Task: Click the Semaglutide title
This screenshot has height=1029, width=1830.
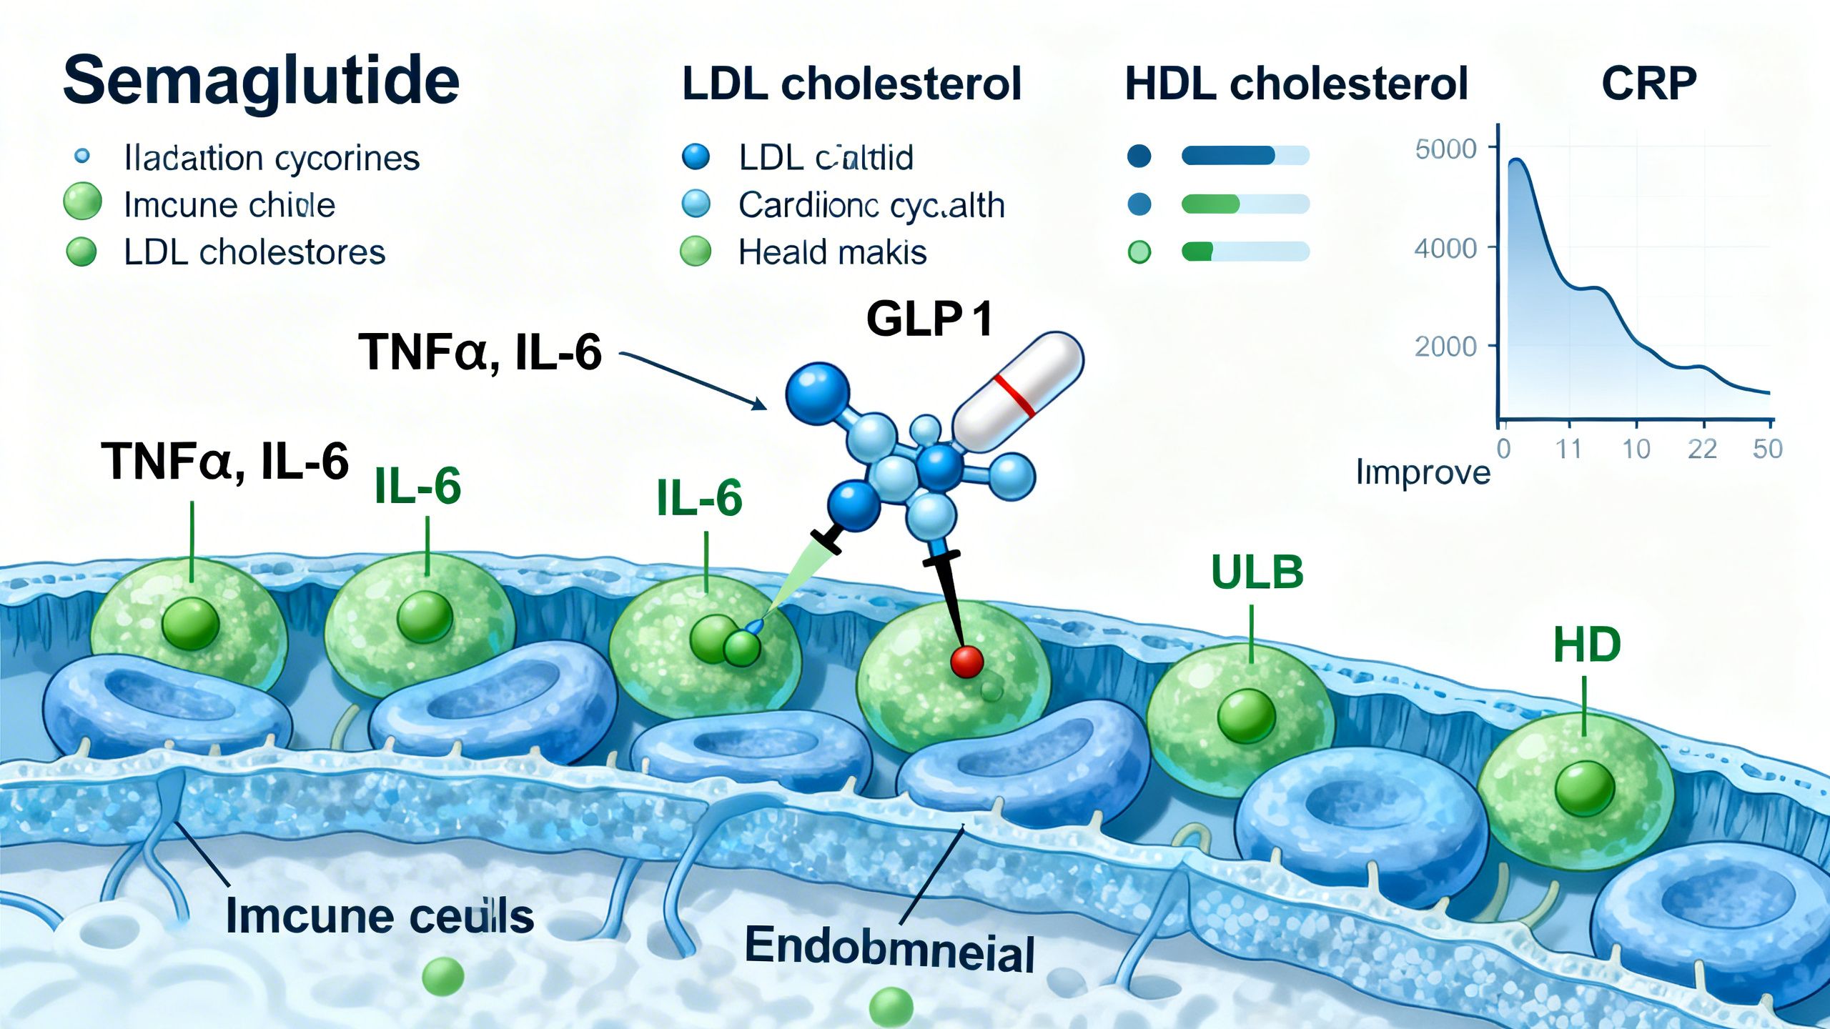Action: coord(261,80)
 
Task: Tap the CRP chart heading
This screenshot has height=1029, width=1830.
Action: coord(1648,84)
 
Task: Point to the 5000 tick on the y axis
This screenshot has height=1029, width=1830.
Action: coord(1445,149)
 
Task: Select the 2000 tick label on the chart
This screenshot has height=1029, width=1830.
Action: coord(1445,347)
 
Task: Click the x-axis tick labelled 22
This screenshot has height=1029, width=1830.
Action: coord(1702,449)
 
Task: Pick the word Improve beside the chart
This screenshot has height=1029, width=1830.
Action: coord(1423,472)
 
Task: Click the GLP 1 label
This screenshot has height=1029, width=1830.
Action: coord(929,319)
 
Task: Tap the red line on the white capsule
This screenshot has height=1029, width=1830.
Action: coord(1014,395)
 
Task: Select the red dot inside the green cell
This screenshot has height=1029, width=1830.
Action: coord(966,661)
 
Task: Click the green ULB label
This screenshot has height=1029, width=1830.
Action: coord(1257,572)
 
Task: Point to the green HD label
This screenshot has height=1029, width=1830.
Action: coord(1586,645)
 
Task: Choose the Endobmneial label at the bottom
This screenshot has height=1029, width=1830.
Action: coord(889,949)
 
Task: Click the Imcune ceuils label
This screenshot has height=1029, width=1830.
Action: coord(380,915)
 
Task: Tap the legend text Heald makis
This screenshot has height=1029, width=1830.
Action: coord(832,252)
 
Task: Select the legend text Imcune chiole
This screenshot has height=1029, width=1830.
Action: coord(229,205)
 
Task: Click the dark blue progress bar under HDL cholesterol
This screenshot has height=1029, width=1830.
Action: coord(1228,155)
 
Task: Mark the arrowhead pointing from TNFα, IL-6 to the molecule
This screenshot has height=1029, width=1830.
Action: coord(759,404)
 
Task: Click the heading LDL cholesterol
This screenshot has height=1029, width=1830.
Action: coord(851,84)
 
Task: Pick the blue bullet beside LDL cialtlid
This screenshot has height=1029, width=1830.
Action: coord(696,156)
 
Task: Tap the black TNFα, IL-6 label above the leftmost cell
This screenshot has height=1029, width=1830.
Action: coord(224,461)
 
